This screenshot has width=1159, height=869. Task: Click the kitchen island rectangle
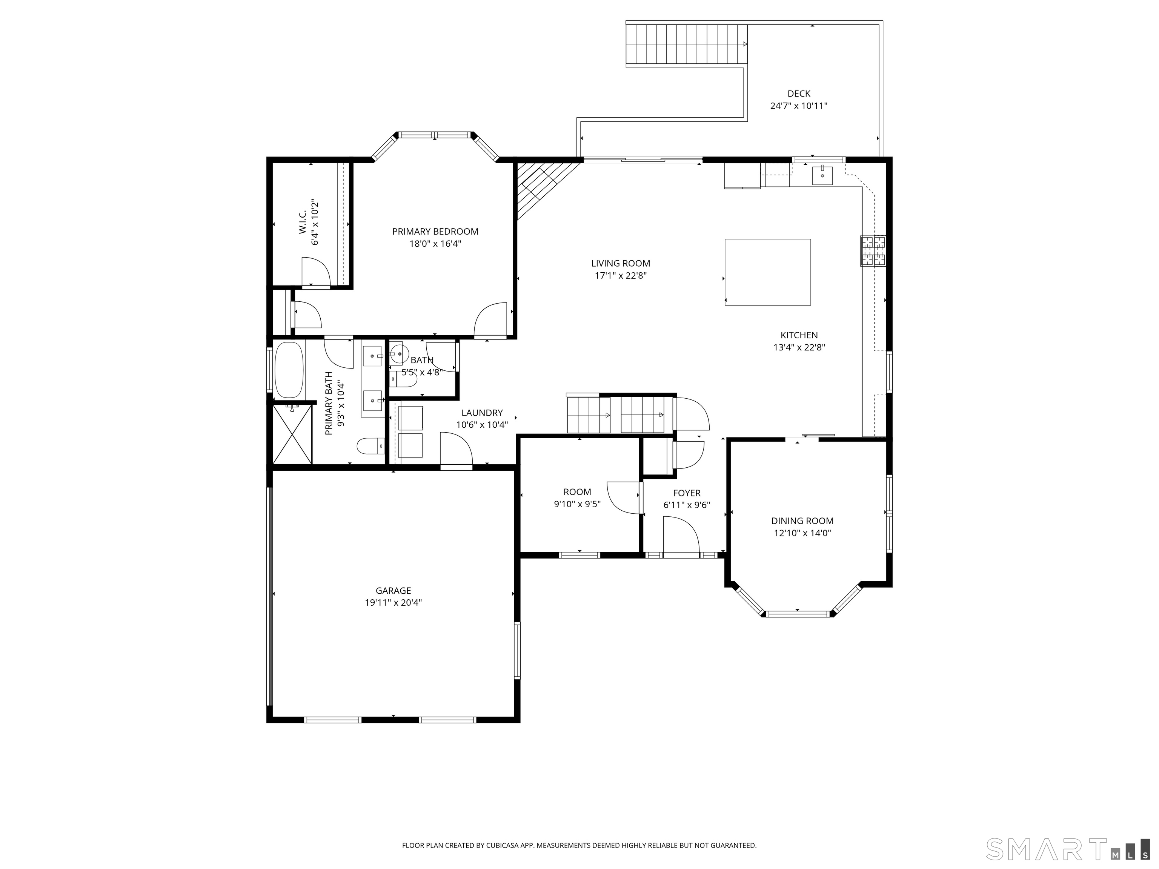(768, 272)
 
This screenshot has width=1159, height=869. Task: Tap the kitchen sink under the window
(822, 175)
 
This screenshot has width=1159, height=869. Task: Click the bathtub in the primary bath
(289, 370)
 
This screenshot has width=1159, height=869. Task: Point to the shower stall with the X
(292, 434)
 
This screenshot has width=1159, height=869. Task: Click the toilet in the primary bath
(371, 446)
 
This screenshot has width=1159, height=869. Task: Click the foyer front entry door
(681, 534)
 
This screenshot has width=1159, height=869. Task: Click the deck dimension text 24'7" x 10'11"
(799, 106)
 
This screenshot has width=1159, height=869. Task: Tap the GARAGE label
(393, 590)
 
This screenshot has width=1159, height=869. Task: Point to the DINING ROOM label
(802, 520)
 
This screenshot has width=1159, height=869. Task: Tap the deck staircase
(686, 44)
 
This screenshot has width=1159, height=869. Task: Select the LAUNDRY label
(481, 413)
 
